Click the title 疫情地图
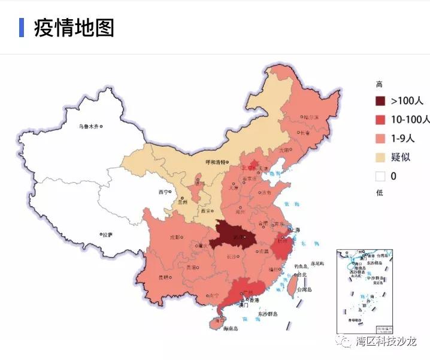(74, 28)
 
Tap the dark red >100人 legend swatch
(380, 101)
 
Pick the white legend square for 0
(380, 176)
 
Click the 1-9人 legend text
(403, 138)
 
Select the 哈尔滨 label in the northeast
(311, 117)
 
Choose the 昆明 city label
(163, 277)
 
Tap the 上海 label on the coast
(294, 229)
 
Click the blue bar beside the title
(22, 28)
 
